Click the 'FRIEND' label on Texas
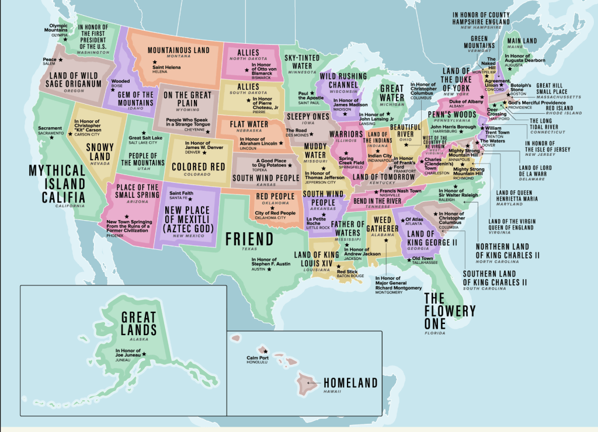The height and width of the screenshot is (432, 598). click(249, 239)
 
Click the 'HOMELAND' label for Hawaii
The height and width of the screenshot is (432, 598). click(350, 384)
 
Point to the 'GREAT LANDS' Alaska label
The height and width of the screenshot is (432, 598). click(138, 324)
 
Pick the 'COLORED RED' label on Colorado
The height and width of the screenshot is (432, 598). click(198, 167)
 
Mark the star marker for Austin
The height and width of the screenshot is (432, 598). click(270, 269)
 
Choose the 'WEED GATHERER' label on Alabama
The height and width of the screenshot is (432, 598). click(383, 224)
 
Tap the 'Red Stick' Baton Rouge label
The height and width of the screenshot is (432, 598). click(347, 271)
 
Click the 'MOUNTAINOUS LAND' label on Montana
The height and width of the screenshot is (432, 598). click(178, 50)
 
